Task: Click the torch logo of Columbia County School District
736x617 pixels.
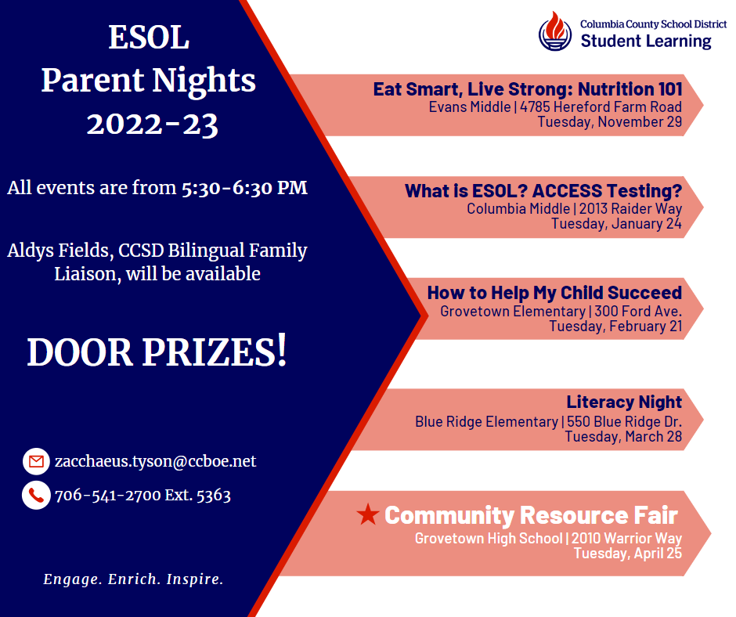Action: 555,31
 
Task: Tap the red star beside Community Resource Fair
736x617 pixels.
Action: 367,514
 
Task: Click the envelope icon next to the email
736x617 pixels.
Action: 36,462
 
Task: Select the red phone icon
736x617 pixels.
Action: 36,495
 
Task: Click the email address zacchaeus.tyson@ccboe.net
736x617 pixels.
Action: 155,461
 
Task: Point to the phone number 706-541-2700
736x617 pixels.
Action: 108,495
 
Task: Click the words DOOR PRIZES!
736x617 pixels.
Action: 157,352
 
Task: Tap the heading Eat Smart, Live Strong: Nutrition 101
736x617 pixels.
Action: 527,89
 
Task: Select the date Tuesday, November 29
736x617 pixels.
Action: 609,121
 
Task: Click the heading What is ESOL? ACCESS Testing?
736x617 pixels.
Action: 543,191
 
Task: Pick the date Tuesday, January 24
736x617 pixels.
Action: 616,224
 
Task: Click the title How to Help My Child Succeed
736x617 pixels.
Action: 554,293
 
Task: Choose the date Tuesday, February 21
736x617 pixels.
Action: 615,326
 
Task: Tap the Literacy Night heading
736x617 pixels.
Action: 624,402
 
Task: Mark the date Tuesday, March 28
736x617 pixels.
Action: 623,436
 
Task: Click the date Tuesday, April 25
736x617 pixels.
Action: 627,553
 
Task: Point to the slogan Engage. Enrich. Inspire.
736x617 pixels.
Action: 133,580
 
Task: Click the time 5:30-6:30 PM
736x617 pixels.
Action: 244,189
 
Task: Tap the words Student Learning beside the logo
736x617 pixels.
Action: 646,41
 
